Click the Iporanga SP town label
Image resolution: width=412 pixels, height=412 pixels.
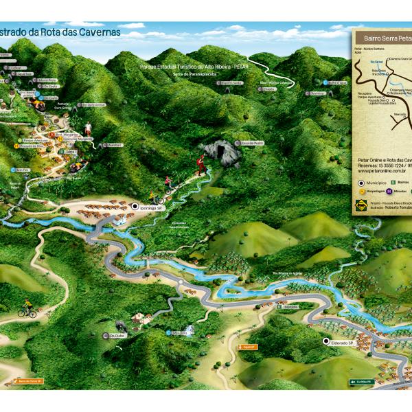click(x=150, y=207)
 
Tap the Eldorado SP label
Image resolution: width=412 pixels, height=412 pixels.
click(x=341, y=342)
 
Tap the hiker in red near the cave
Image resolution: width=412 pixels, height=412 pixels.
click(x=201, y=163)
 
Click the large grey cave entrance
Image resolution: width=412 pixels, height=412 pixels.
click(x=221, y=150)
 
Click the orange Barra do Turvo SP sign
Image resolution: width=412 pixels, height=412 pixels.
click(x=30, y=381)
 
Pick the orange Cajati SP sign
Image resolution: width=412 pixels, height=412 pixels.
click(x=247, y=347)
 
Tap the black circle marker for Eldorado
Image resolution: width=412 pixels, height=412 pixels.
click(x=325, y=342)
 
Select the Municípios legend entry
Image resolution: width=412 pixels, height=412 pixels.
click(x=375, y=183)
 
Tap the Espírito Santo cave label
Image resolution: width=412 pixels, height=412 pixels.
click(x=231, y=82)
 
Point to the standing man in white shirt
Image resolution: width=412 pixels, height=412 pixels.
click(x=88, y=128)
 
